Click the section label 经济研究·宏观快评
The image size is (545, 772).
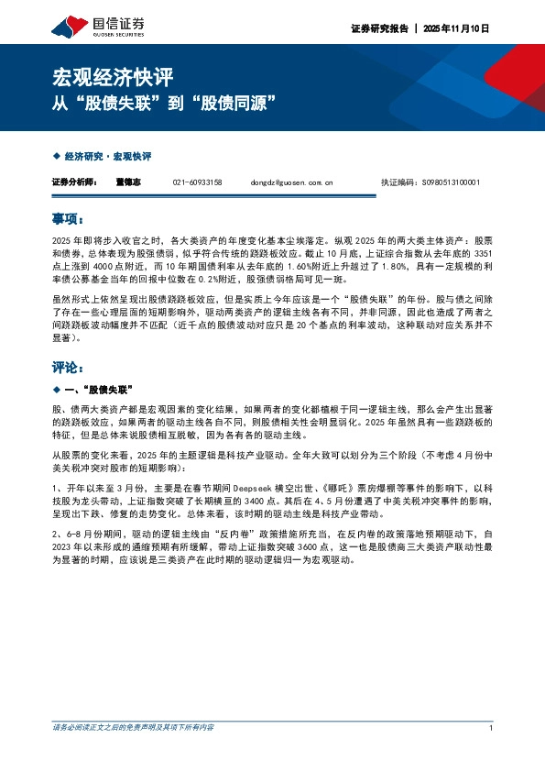pos(108,157)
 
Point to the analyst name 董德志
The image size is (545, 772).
pos(129,182)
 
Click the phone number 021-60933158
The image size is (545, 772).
pos(197,182)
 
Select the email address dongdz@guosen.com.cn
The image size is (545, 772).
pos(291,182)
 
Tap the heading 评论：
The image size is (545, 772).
pos(69,367)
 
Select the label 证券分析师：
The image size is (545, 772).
pos(75,182)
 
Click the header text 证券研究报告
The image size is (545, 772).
pos(379,28)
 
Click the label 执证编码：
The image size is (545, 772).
pos(396,182)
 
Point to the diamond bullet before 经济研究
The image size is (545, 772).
pos(57,157)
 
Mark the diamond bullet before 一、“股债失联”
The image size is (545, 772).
pos(57,390)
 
